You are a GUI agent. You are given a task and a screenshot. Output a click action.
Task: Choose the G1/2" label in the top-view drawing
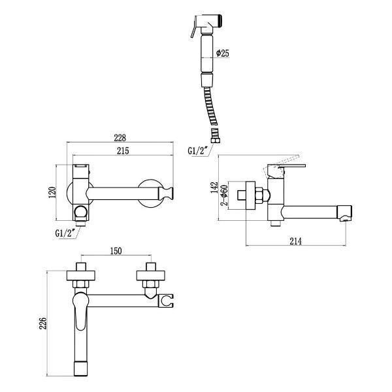(68, 233)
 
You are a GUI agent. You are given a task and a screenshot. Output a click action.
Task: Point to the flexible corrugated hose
(210, 108)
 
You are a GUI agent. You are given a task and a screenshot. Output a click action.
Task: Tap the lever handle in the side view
(286, 167)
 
